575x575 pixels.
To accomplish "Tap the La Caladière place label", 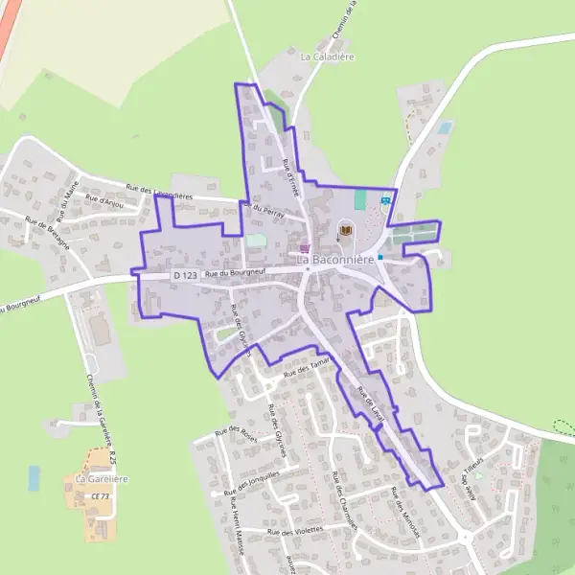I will point(328,57).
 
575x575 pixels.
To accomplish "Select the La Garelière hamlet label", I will point(102,478).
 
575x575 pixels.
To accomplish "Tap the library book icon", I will point(346,230).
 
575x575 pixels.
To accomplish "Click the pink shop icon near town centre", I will point(305,247).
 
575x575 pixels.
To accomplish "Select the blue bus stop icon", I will point(385,200).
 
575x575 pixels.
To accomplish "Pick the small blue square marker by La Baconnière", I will point(380,257).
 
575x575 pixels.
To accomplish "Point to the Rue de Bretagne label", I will point(48,234).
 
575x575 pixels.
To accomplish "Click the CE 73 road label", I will point(100,496).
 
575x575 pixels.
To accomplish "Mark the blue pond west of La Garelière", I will point(34,477).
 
